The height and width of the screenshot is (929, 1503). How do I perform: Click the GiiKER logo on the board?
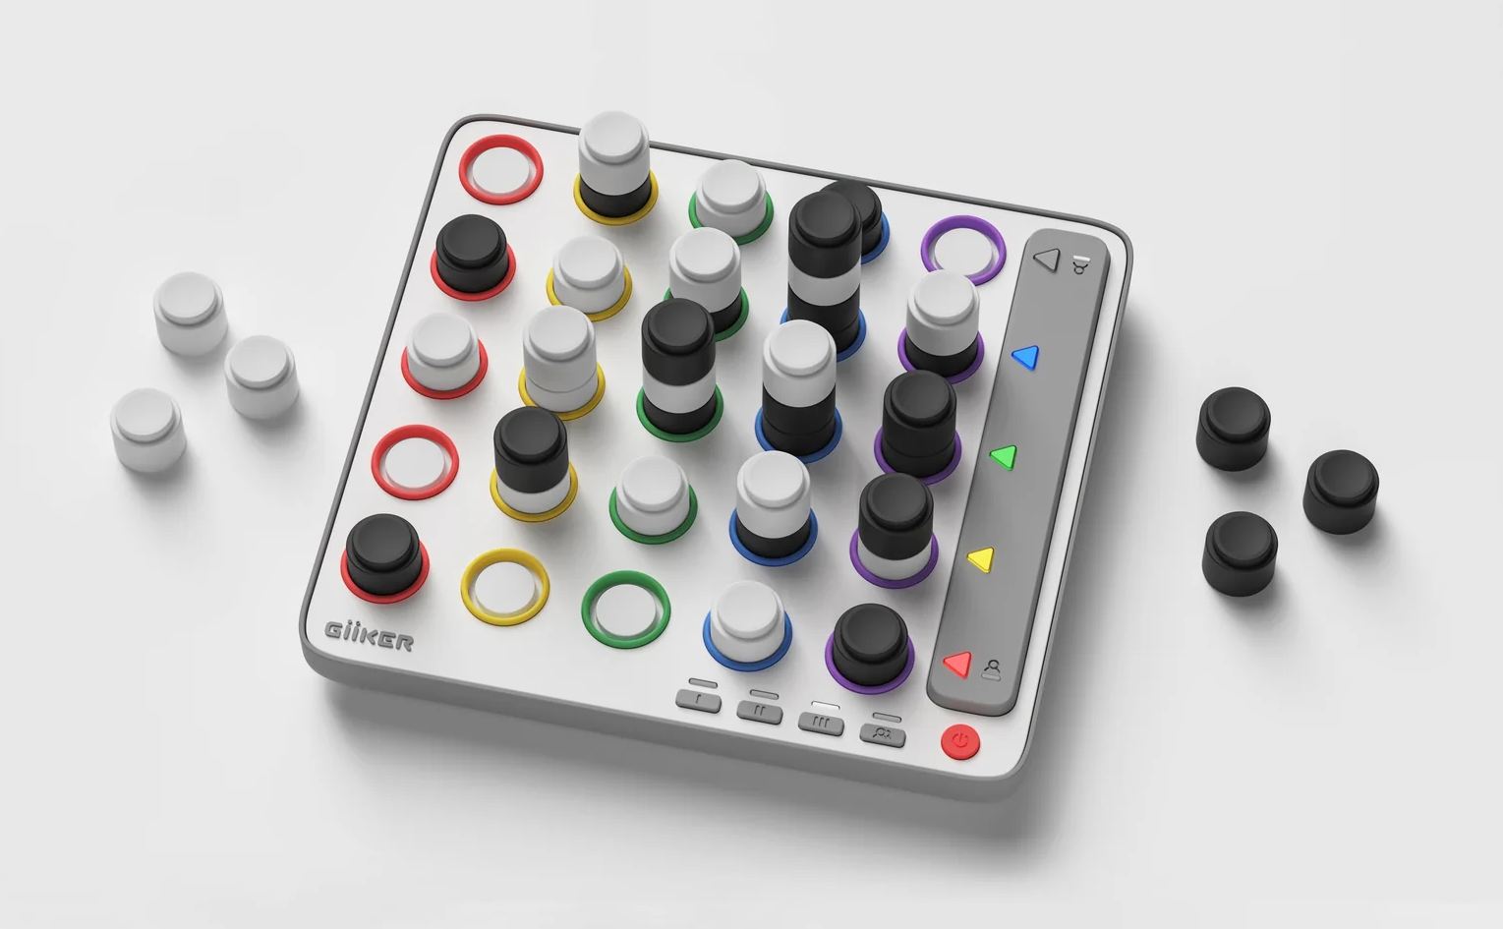(x=369, y=636)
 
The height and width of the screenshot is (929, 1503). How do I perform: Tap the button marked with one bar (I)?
(x=699, y=702)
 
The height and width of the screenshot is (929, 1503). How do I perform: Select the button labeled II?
(x=760, y=712)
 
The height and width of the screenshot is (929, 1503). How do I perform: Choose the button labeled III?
(x=821, y=724)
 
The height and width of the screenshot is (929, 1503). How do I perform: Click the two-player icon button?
(x=883, y=735)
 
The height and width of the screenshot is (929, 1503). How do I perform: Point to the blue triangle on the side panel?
(x=1026, y=357)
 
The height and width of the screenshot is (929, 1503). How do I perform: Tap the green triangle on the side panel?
(x=1005, y=457)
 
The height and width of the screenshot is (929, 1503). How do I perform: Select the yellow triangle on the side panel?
(x=982, y=559)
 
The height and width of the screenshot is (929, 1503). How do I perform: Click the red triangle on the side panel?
(x=958, y=664)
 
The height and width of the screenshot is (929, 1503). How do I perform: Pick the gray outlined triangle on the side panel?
(x=1048, y=260)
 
